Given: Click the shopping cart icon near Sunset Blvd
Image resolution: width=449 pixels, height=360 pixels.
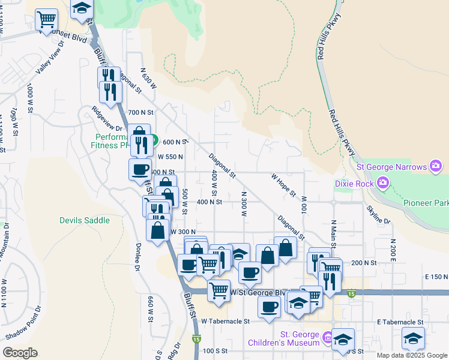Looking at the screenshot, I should (46, 19).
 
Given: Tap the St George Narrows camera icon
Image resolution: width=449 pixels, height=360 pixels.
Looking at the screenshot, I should (436, 166).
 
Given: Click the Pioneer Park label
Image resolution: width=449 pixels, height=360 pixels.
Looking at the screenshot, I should (426, 204).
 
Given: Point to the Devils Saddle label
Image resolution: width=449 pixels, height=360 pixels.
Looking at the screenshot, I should (85, 220).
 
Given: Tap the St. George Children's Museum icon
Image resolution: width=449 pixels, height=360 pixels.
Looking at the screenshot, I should (327, 338).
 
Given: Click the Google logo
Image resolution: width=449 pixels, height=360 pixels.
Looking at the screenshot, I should (20, 353).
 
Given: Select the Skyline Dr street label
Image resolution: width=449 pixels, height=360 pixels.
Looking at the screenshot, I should (379, 214).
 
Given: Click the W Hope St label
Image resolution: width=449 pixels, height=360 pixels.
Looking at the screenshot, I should (283, 185).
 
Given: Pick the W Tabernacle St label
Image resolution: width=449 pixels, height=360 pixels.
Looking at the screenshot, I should (225, 322).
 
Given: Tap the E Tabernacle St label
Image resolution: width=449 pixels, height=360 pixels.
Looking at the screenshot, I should (400, 322).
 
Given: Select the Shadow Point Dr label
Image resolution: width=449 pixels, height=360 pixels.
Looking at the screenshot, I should (23, 324).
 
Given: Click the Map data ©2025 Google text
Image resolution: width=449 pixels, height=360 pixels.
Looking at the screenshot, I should (411, 355).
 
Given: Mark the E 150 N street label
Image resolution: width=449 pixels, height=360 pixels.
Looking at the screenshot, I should (436, 277).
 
